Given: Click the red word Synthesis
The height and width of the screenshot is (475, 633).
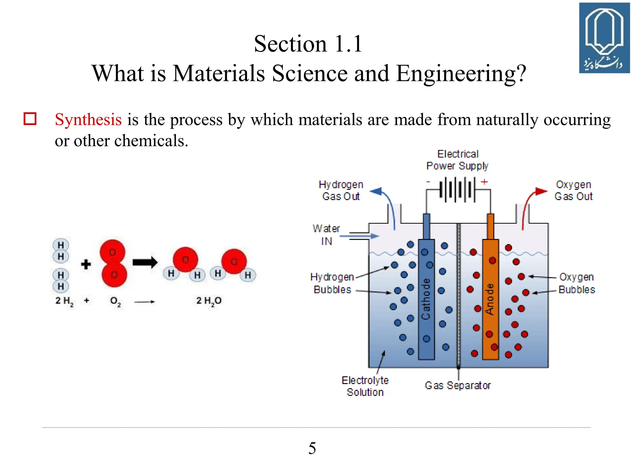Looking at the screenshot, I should coord(88,119).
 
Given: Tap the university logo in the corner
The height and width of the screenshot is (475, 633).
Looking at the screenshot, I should coord(604,38).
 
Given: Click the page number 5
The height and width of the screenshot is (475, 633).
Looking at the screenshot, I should coord(312,448).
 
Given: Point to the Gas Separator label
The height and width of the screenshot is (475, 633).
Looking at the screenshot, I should coord(457,385).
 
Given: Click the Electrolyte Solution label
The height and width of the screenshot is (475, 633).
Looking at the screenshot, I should coord(365,386).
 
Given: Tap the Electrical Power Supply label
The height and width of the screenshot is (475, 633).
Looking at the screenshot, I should coord(457,160).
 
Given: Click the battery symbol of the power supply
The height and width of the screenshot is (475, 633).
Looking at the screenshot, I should coord(457,189).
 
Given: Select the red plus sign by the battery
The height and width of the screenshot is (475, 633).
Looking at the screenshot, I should coord(484,182).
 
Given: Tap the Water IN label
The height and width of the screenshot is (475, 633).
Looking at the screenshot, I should coord(326,235).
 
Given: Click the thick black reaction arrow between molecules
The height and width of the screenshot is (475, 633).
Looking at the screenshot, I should coord(145,263).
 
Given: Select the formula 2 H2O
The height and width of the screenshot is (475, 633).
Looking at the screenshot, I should coord(209,301).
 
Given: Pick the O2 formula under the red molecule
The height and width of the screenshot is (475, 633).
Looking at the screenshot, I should coord(115,301).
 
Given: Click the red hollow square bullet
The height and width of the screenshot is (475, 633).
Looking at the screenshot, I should coord(30,119).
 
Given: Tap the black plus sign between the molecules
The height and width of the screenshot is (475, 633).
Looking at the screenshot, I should coord(86,264).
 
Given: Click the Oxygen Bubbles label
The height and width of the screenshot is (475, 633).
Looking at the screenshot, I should coord(576,283).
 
